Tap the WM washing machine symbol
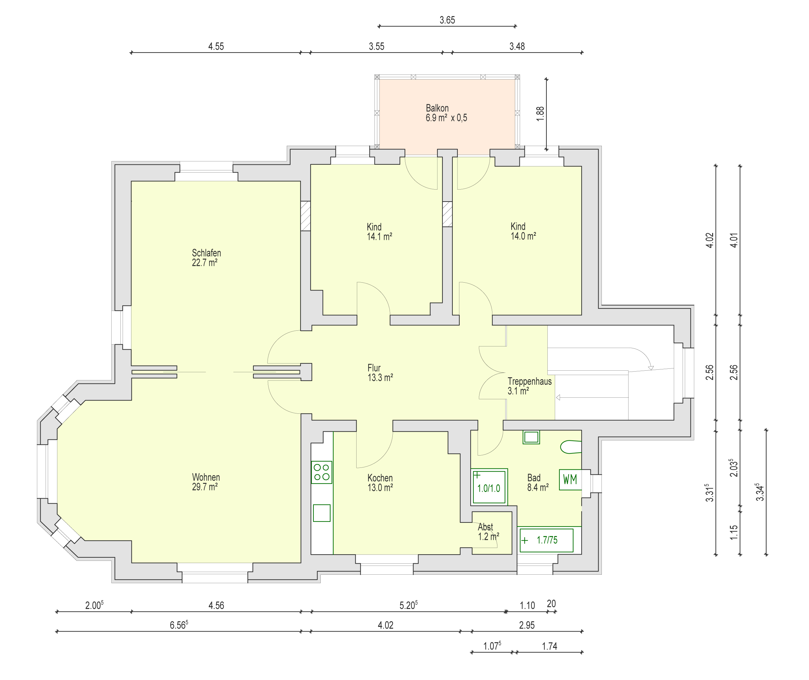570,479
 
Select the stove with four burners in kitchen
322,472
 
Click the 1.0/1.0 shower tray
489,487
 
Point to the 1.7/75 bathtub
546,540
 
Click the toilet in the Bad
571,447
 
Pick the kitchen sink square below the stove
322,513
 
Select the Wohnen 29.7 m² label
206,482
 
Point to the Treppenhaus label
529,381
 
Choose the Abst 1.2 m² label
489,532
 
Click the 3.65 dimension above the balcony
447,20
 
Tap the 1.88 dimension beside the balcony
540,114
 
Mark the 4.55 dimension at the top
216,46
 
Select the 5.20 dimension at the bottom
408,605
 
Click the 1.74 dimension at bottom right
550,646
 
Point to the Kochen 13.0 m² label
380,483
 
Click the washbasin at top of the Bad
531,437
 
